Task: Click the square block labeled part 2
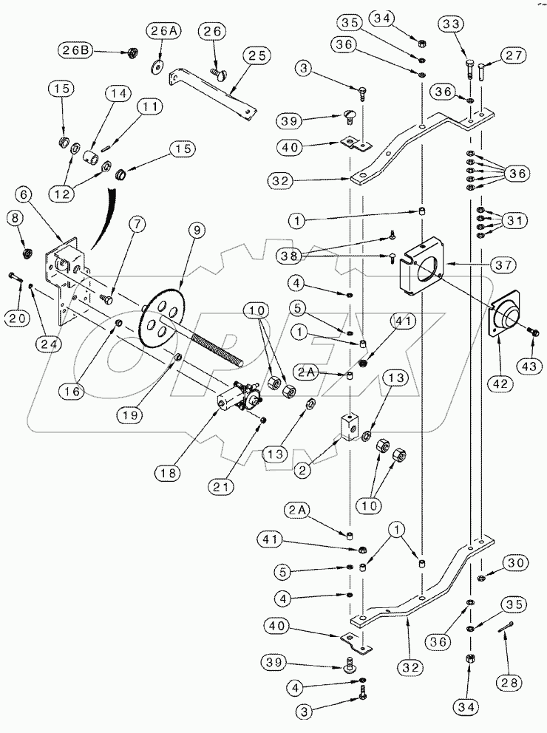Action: (347, 427)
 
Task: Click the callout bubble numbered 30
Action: (515, 562)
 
